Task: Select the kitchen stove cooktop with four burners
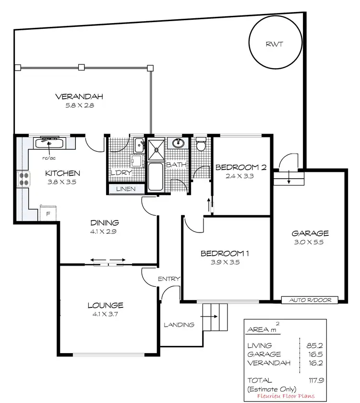point(24,179)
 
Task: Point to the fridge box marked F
point(48,213)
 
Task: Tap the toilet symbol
point(201,144)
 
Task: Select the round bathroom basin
point(178,143)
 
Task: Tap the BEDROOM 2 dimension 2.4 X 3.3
point(240,176)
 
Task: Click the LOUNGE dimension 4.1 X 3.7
point(105,314)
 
